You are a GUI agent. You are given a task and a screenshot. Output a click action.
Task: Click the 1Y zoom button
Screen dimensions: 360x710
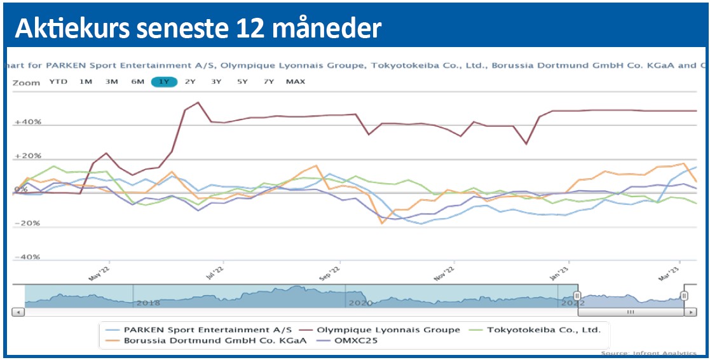click(164, 81)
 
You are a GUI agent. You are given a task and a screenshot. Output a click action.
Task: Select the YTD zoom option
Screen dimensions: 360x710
click(58, 81)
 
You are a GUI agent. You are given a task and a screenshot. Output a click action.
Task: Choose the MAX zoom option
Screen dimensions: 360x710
click(296, 81)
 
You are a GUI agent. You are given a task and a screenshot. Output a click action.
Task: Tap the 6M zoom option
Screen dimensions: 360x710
click(137, 81)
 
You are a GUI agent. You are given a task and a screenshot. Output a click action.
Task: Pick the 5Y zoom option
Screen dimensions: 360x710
click(242, 81)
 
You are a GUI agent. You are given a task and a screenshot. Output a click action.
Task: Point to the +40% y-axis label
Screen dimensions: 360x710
click(29, 122)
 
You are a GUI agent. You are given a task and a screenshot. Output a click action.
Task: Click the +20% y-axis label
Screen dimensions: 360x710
click(29, 156)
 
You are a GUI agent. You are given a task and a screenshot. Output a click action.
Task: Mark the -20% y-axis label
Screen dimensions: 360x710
click(29, 223)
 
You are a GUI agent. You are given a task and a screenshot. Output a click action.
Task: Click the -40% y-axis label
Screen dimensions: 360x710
click(29, 257)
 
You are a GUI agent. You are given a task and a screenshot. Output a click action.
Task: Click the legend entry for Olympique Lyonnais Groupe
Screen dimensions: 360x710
click(388, 329)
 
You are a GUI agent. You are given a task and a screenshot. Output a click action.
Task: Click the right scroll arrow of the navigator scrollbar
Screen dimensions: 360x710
click(690, 312)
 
